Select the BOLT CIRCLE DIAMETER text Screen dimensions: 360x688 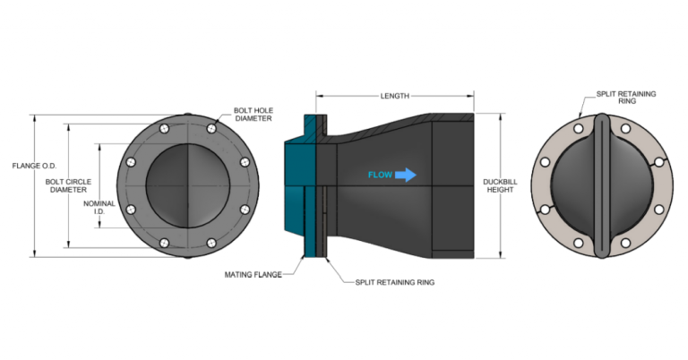coord(67,185)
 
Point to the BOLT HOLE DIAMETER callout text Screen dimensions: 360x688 coord(254,114)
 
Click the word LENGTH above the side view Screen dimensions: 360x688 coord(394,96)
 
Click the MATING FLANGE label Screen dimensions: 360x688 coord(253,274)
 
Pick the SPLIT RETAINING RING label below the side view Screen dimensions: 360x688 coord(390,282)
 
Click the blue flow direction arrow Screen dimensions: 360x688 coord(406,175)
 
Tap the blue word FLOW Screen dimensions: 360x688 coord(379,175)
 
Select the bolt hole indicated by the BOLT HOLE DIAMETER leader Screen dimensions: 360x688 coord(211,129)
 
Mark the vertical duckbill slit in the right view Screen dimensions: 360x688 coord(601,185)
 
